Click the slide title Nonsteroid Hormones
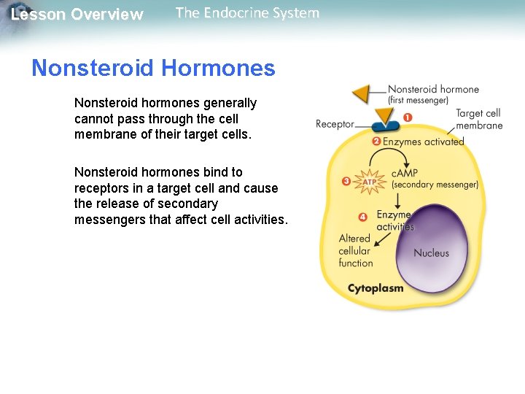[x=153, y=69]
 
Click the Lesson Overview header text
[x=77, y=15]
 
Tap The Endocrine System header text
[x=247, y=13]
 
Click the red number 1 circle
[x=407, y=117]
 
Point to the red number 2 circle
[x=376, y=141]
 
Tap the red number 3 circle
[x=346, y=180]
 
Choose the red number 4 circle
[x=362, y=217]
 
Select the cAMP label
[x=405, y=172]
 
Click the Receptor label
[x=335, y=125]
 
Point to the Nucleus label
[x=432, y=253]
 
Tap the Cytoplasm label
[x=376, y=288]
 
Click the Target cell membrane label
[x=479, y=119]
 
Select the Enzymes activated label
[x=424, y=142]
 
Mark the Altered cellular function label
[x=355, y=250]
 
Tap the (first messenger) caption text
[x=418, y=101]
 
